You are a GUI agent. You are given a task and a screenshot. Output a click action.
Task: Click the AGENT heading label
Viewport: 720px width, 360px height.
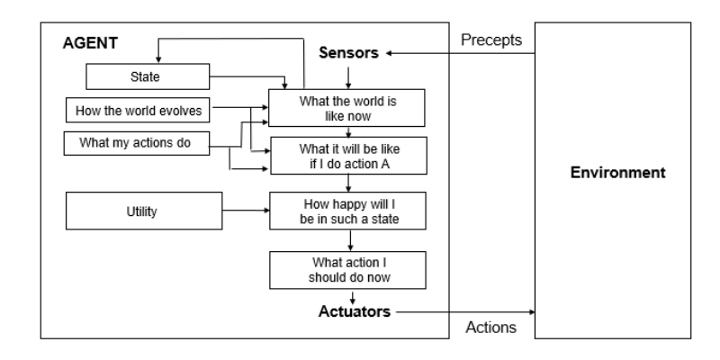click(x=87, y=42)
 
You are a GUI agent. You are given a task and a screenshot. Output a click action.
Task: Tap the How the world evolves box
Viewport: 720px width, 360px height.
click(x=139, y=111)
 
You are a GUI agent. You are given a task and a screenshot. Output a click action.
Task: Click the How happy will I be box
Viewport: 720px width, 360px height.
click(x=347, y=211)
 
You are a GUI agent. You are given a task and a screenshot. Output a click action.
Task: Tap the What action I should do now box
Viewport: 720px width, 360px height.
click(x=347, y=269)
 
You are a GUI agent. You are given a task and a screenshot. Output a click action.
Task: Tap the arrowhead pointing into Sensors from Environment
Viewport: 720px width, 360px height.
click(x=391, y=54)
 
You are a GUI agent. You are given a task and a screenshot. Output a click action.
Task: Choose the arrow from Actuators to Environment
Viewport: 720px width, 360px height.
click(x=463, y=311)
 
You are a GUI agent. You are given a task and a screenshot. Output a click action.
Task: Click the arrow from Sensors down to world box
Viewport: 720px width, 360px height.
click(x=348, y=78)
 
